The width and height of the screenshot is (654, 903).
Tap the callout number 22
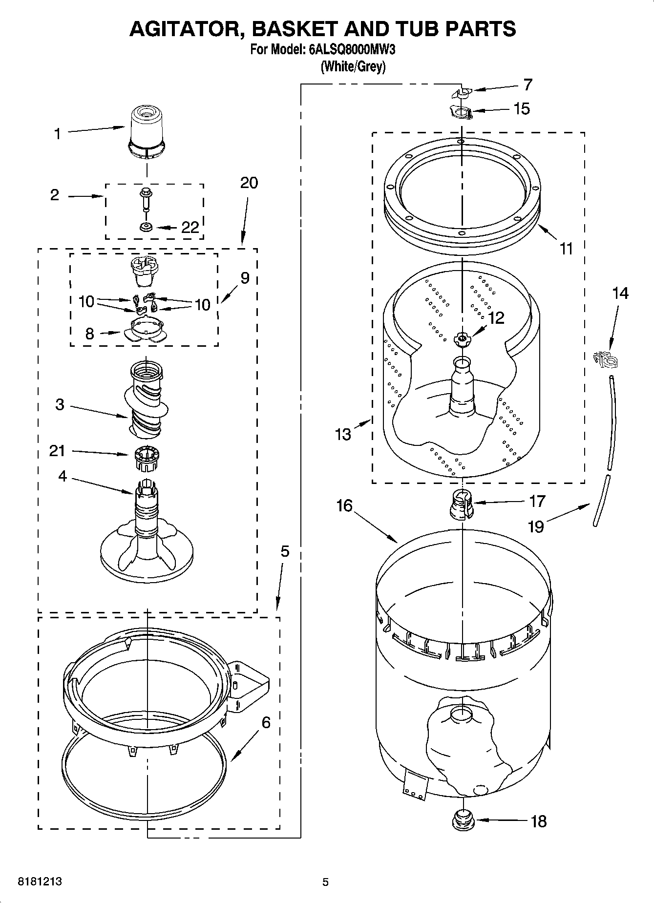click(190, 227)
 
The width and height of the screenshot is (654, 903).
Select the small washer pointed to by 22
click(146, 227)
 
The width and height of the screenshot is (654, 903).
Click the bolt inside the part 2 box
click(146, 197)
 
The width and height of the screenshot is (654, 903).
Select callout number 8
click(89, 334)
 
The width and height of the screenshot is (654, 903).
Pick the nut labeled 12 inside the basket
click(462, 338)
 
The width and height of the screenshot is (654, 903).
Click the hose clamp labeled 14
click(606, 360)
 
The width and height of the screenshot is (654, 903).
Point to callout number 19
click(536, 526)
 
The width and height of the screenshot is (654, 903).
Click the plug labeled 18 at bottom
click(462, 821)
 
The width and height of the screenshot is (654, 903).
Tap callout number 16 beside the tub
click(344, 505)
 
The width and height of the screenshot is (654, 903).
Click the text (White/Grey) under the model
click(353, 66)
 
